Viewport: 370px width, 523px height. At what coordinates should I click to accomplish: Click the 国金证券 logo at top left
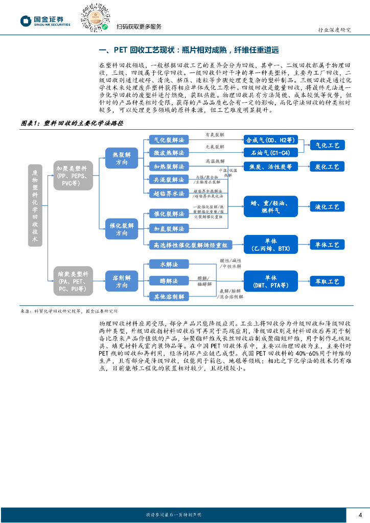coord(44,20)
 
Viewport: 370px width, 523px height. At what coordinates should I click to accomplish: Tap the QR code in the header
coord(95,17)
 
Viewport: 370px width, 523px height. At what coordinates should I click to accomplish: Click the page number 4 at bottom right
coord(360,514)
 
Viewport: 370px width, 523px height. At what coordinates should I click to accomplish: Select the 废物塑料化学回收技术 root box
coord(35,205)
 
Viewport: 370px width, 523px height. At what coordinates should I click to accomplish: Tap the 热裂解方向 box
coord(121,158)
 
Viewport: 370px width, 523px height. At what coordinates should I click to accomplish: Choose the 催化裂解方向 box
coord(121,229)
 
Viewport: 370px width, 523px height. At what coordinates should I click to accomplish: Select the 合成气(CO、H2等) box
coord(270,140)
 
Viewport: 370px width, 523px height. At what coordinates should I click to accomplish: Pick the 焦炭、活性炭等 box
coord(270,167)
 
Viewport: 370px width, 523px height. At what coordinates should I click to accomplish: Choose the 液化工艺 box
coord(327,207)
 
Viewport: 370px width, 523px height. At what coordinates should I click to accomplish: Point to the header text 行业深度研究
coord(334,30)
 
